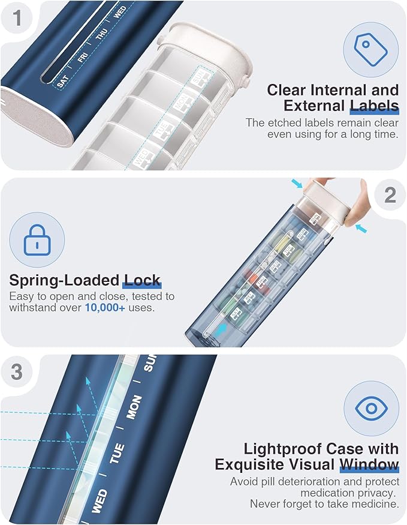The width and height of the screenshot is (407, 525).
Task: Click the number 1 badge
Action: tap(17, 17)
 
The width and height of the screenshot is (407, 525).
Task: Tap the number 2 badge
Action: tap(390, 194)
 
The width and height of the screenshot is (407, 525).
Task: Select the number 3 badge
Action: tap(17, 371)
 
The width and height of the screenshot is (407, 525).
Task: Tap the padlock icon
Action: tap(35, 241)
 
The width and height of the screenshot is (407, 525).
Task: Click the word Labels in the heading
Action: tap(374, 107)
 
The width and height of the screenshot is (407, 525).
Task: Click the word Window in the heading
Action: tap(369, 464)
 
